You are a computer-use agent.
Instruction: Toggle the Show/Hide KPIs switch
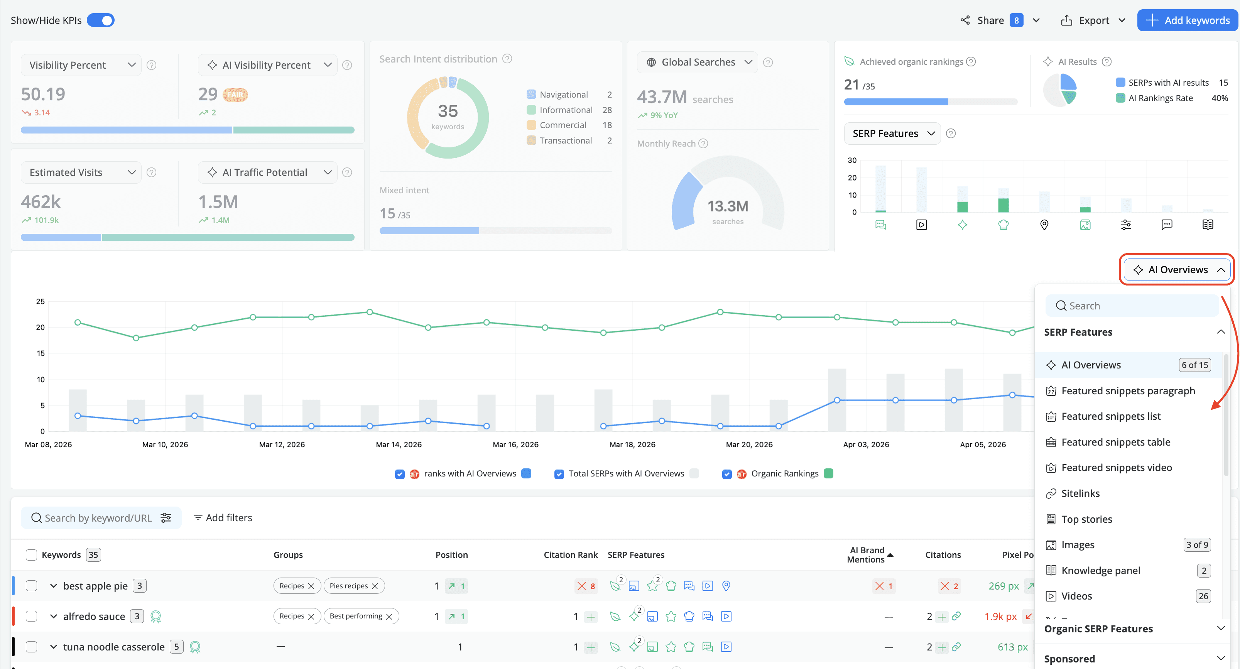(x=101, y=20)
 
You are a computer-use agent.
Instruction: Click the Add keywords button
(x=1187, y=20)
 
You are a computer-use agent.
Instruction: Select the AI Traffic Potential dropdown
(x=268, y=172)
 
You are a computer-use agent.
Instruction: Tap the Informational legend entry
(x=566, y=110)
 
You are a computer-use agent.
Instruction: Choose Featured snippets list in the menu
(x=1110, y=416)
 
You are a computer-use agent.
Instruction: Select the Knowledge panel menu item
(x=1100, y=570)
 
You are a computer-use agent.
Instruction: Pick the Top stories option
(x=1086, y=519)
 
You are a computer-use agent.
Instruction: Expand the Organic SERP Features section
(x=1134, y=628)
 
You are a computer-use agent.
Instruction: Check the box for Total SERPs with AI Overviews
(x=559, y=474)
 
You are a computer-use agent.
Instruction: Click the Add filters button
(x=223, y=517)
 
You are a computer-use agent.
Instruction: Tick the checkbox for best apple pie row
(x=31, y=586)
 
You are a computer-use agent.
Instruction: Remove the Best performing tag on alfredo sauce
(x=389, y=617)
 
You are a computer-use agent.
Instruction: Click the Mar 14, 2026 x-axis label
(x=399, y=444)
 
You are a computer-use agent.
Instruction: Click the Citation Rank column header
(x=570, y=554)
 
